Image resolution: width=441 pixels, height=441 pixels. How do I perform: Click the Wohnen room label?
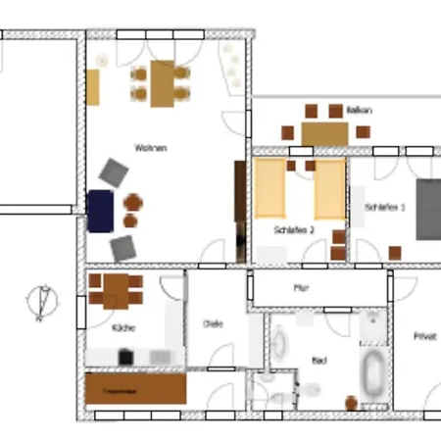click(x=150, y=148)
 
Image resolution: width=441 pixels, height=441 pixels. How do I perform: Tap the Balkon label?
click(x=358, y=110)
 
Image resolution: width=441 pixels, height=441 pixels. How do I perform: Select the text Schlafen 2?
click(x=295, y=229)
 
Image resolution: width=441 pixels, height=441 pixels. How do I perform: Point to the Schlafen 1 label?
click(x=385, y=208)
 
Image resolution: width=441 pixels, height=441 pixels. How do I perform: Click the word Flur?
click(x=301, y=288)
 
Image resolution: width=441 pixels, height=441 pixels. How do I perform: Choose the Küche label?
click(x=123, y=327)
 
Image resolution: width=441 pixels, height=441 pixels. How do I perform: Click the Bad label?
click(x=318, y=360)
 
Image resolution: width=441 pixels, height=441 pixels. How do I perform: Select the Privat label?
click(x=423, y=335)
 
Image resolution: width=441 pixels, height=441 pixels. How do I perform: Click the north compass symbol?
click(x=42, y=301)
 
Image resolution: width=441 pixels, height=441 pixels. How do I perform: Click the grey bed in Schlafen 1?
click(x=428, y=209)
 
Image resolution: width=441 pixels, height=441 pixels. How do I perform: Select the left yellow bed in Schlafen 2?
click(x=270, y=189)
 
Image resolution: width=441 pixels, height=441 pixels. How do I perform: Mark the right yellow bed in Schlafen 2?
click(x=329, y=189)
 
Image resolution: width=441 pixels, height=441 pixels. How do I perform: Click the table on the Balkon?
click(x=324, y=132)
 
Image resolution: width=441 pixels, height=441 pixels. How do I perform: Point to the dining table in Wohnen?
click(x=162, y=82)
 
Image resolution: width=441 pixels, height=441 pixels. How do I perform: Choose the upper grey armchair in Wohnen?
click(x=114, y=173)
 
